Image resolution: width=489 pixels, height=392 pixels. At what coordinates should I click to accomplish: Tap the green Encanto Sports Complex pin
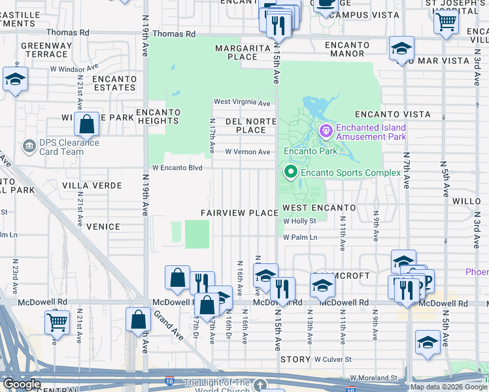click(290, 172)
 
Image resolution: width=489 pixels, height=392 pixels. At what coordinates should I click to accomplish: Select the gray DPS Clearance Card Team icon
click(29, 146)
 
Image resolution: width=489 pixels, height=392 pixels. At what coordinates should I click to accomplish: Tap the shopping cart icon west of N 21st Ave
click(57, 322)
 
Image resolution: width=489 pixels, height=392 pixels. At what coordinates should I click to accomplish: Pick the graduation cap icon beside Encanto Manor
click(401, 49)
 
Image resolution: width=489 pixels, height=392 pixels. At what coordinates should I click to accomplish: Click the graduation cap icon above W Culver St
click(428, 342)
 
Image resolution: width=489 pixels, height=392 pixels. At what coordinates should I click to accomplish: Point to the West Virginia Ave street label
click(242, 103)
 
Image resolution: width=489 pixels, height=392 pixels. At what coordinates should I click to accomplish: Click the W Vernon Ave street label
click(247, 152)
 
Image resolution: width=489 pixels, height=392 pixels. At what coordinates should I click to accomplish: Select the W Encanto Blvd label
click(178, 167)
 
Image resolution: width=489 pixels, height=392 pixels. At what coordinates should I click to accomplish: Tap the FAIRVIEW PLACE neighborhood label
click(239, 214)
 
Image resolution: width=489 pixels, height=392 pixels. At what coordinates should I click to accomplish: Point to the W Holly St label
click(299, 221)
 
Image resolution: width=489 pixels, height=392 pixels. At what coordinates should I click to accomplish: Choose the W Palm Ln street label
click(300, 237)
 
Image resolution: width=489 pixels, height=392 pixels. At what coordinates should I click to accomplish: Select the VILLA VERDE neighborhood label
click(92, 186)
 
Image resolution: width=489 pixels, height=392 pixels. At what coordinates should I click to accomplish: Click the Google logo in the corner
click(22, 384)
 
